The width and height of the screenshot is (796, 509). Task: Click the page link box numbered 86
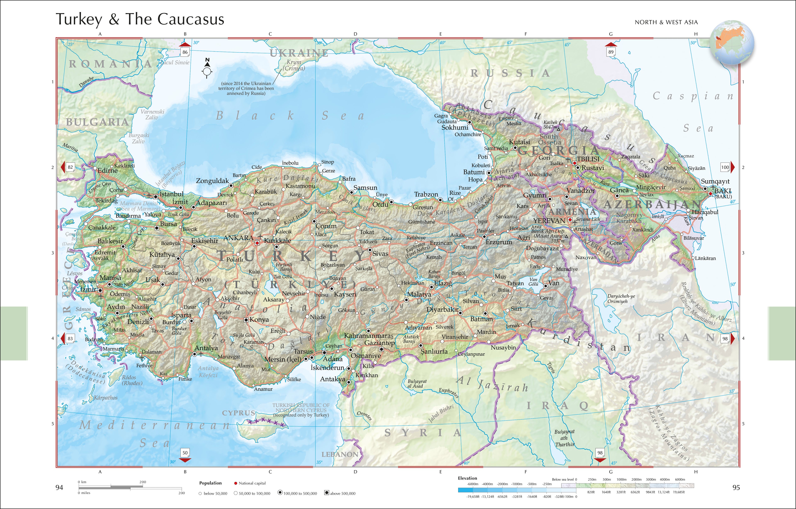click(x=185, y=52)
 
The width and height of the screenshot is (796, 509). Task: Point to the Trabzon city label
click(x=426, y=194)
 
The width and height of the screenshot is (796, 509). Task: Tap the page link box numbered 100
click(x=725, y=167)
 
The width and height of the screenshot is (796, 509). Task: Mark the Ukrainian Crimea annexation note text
click(x=246, y=88)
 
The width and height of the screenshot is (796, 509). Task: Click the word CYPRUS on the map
click(x=238, y=413)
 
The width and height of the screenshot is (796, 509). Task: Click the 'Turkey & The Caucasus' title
click(x=140, y=19)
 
